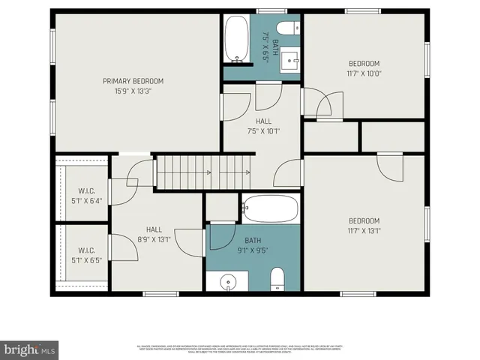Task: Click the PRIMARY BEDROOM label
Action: pos(133,81)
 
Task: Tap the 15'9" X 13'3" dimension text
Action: pos(133,91)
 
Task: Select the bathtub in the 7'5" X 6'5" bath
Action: pos(236,40)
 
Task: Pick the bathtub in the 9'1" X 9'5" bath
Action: pos(271,208)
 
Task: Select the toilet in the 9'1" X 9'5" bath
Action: pos(277,278)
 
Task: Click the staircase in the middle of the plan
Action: pos(202,172)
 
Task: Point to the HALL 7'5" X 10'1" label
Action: pos(263,126)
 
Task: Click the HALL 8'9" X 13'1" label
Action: pos(154,235)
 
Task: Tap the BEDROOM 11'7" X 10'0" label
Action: pos(364,68)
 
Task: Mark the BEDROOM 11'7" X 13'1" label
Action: pos(364,226)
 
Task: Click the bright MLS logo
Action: pos(29,349)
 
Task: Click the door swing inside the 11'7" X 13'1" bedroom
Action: pos(391,166)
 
